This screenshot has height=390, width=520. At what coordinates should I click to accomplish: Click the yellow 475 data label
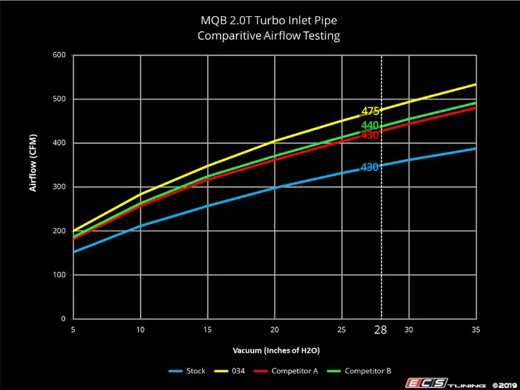click(x=370, y=112)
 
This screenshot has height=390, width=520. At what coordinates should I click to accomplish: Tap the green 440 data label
click(x=370, y=125)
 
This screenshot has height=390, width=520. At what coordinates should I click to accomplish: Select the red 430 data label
click(x=370, y=135)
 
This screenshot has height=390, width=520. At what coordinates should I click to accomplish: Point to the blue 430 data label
click(x=370, y=167)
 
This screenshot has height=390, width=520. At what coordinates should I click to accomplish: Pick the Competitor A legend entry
click(x=295, y=371)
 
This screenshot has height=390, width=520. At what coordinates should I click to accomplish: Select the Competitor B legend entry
click(x=367, y=371)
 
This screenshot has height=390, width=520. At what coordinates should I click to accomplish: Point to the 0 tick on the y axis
click(x=63, y=319)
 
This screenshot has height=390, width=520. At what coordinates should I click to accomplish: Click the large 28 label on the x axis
click(x=381, y=330)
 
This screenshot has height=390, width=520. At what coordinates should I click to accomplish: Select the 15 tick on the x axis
click(x=207, y=330)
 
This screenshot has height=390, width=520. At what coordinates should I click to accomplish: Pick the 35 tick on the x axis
click(x=476, y=330)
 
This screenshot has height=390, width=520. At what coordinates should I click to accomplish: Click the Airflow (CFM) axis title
click(x=32, y=162)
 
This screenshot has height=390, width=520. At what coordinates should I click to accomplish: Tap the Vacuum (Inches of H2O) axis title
click(x=271, y=350)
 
